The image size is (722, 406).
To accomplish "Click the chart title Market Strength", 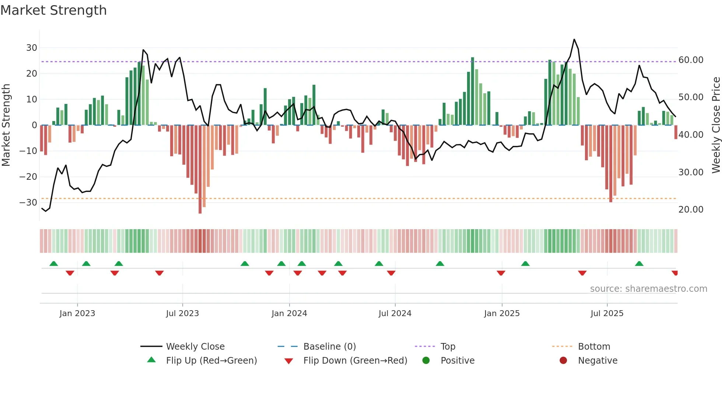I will click(x=53, y=10).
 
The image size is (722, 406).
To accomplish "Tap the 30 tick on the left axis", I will click(x=31, y=48).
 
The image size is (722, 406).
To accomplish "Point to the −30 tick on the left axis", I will click(x=28, y=202).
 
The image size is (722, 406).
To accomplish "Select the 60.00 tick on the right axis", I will click(x=691, y=60).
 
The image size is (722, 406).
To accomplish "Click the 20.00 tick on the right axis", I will click(x=691, y=209).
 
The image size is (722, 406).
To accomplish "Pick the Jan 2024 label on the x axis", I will click(x=289, y=313).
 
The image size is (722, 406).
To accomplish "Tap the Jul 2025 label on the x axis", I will click(x=607, y=313).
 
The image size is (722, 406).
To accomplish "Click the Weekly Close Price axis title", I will click(x=716, y=125).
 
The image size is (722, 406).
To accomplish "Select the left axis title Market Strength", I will click(x=6, y=125).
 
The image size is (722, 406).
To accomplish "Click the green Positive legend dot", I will click(x=426, y=360).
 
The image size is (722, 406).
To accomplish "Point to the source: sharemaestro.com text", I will click(x=648, y=288).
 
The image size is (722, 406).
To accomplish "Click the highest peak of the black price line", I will click(x=574, y=39).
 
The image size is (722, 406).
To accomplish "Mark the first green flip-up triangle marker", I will click(x=54, y=263).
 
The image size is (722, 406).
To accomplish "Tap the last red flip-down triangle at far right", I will click(x=674, y=273).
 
